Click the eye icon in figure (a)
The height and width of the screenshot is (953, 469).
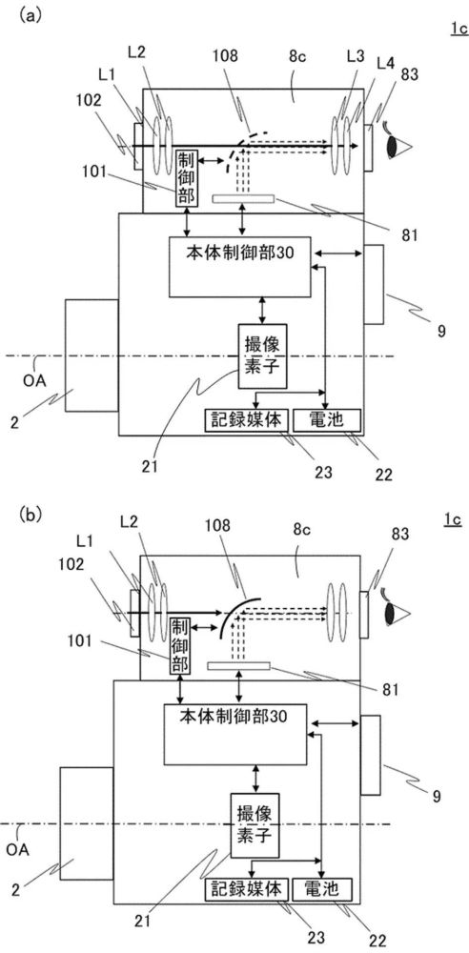click(x=398, y=147)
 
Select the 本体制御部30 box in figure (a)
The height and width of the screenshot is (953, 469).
click(x=239, y=267)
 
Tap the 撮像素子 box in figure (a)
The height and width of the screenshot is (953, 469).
click(x=262, y=356)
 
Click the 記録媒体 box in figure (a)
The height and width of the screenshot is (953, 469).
click(x=246, y=420)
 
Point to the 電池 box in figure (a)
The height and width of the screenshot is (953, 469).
click(x=327, y=420)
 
